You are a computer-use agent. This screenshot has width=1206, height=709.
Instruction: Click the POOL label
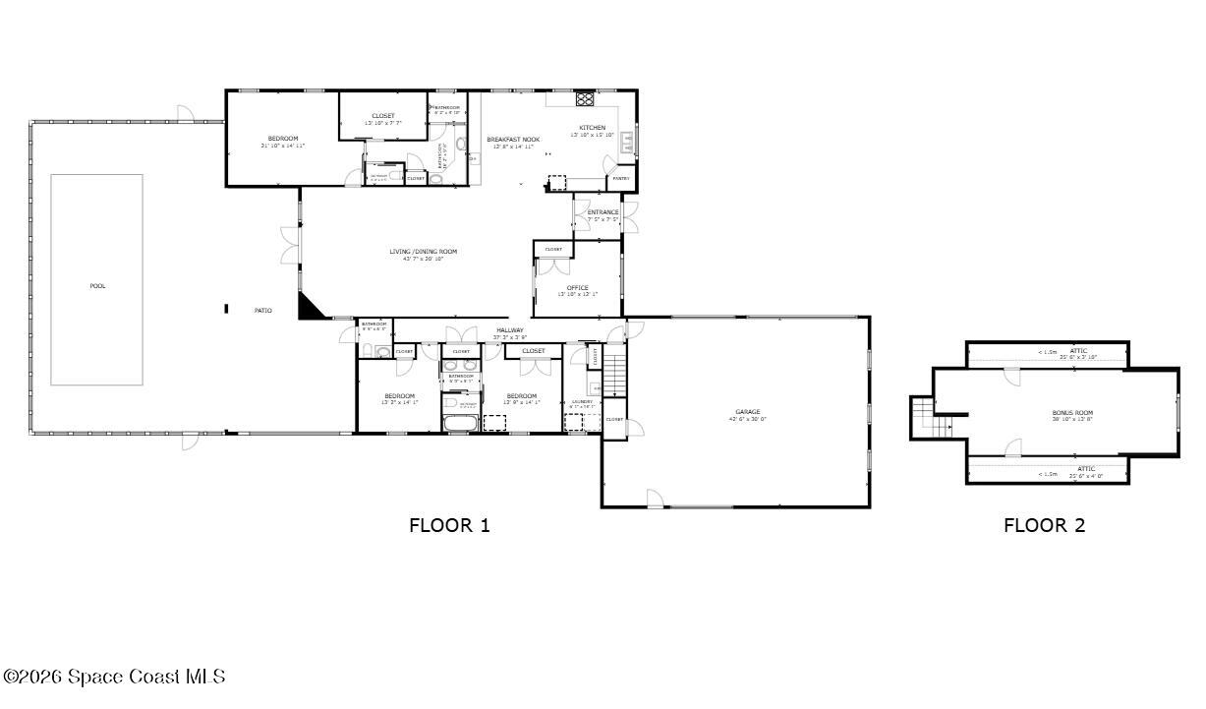(97, 286)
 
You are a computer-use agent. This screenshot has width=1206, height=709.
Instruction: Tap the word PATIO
(263, 311)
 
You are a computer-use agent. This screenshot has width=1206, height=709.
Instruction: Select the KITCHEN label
(593, 128)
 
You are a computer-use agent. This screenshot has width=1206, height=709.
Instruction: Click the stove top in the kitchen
(584, 99)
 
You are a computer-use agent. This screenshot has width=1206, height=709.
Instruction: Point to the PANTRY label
(621, 179)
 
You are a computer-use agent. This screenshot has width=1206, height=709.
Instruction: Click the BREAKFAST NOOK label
(513, 140)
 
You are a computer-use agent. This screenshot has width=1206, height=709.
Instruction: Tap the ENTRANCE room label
(603, 212)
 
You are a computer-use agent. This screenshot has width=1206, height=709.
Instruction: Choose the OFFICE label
(577, 288)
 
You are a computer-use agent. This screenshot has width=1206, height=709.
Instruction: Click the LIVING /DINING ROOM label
(423, 252)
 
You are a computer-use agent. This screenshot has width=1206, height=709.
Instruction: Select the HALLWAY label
(510, 330)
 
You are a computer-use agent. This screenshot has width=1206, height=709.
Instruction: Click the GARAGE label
(747, 412)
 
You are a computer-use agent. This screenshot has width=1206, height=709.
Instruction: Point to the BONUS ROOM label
(1072, 413)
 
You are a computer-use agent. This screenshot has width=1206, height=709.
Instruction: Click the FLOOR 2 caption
(1044, 525)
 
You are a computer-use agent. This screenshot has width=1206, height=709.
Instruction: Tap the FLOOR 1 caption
(449, 525)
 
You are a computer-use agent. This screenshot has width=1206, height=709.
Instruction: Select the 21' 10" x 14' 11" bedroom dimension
(283, 146)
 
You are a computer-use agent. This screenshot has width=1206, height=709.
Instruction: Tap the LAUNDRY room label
(582, 401)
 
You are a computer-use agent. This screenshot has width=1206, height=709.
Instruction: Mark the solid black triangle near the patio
(310, 307)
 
